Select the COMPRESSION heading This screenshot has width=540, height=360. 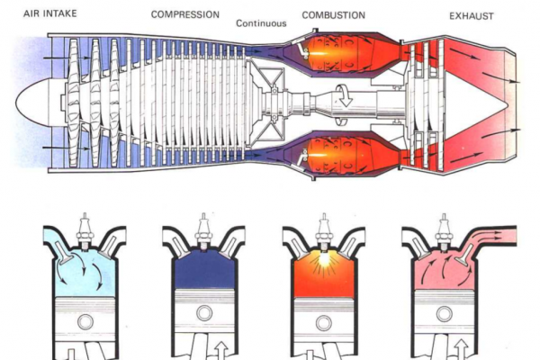click(x=186, y=15)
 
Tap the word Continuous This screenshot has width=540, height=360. click(x=261, y=23)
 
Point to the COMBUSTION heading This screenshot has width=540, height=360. click(x=334, y=15)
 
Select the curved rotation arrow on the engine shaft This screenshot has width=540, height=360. click(x=343, y=94)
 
